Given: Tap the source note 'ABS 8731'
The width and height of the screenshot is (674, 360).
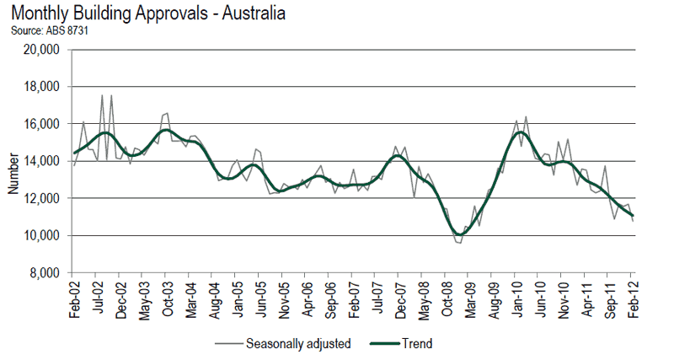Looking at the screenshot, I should coord(51,31).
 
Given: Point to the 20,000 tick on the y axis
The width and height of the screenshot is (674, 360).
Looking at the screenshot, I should coord(40,50).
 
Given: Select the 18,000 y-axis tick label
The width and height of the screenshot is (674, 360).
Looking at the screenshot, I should coord(40,87).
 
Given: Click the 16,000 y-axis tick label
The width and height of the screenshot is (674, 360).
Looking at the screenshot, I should coord(40,124).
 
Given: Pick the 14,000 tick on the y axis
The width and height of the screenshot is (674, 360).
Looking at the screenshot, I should coord(40,161).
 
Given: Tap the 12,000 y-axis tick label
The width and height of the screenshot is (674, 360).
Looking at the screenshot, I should coord(40,198).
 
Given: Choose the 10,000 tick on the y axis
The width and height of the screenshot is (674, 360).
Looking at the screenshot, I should coord(40,235).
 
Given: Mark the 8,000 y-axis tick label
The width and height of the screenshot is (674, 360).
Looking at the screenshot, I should coord(43,273).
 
